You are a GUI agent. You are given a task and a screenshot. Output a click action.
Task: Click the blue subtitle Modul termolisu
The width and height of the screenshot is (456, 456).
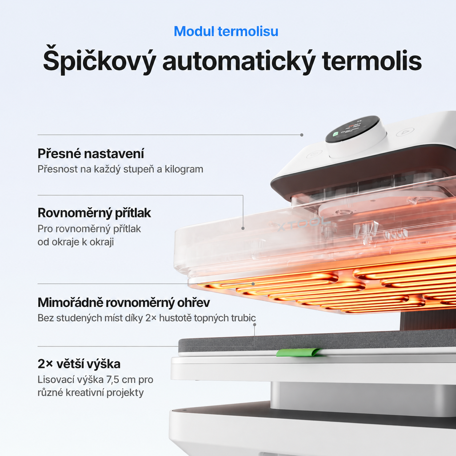click(x=226, y=31)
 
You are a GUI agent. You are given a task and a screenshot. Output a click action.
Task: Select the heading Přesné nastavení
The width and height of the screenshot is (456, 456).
click(x=91, y=154)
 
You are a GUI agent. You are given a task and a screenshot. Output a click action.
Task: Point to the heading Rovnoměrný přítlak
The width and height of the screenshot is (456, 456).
click(x=94, y=213)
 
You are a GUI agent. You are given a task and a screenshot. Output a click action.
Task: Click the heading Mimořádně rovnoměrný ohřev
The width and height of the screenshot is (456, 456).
click(x=124, y=303)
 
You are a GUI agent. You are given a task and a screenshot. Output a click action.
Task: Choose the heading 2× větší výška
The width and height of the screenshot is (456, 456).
click(x=79, y=364)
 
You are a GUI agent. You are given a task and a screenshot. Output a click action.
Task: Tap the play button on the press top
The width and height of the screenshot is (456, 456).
click(x=405, y=132)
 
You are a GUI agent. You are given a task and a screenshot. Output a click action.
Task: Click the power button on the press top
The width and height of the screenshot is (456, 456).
click(x=314, y=154)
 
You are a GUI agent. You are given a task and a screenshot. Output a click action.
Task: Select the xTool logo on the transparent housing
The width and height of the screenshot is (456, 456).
click(x=304, y=224)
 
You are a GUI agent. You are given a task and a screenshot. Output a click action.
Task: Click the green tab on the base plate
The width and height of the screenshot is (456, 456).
click(x=299, y=352)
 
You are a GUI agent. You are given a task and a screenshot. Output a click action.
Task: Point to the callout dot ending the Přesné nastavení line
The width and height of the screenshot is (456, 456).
click(x=302, y=135)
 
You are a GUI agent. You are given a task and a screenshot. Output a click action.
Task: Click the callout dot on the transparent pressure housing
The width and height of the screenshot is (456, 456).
click(x=243, y=228)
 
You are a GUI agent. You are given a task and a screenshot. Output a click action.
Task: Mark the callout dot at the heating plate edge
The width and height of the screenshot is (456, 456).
click(x=253, y=284)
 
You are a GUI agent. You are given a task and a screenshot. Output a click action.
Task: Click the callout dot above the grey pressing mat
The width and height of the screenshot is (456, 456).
click(x=255, y=325)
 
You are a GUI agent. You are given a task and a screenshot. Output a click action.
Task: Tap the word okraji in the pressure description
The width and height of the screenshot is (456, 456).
click(x=102, y=242)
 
